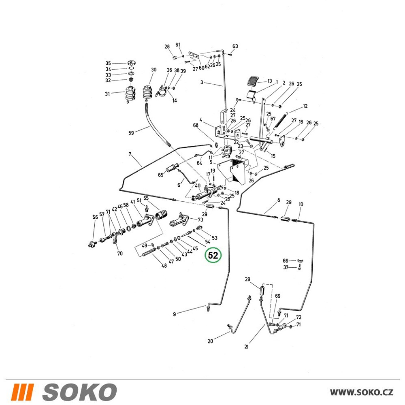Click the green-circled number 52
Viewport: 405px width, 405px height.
click(x=213, y=255)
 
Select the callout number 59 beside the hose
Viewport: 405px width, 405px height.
click(x=131, y=133)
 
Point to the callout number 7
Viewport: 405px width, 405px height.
click(x=130, y=154)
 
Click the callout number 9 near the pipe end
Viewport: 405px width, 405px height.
click(x=174, y=314)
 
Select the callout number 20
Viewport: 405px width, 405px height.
click(x=210, y=341)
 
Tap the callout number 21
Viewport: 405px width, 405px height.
click(x=246, y=347)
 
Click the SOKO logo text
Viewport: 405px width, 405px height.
click(x=79, y=392)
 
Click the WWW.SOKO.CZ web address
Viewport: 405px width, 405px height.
click(x=361, y=392)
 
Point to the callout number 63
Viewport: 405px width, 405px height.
click(x=235, y=46)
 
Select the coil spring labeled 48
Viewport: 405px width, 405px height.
click(x=149, y=252)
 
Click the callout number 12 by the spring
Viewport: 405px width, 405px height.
click(x=305, y=106)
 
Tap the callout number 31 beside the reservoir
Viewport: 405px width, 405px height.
click(x=107, y=94)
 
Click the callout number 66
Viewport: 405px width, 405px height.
click(x=286, y=260)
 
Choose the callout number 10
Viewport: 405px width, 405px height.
click(x=301, y=204)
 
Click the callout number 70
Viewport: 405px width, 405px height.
click(x=120, y=254)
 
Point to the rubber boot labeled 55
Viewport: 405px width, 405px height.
click(x=161, y=215)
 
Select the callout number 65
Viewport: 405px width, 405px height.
click(x=161, y=175)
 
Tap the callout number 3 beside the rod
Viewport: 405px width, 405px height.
click(x=202, y=82)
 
